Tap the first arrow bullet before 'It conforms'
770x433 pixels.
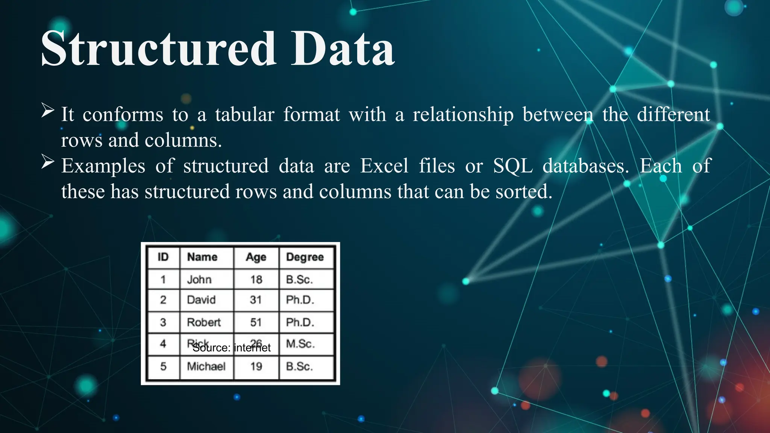(x=48, y=110)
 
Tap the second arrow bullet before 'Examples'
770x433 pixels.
(x=48, y=162)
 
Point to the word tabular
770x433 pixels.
(x=245, y=114)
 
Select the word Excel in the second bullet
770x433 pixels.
(x=384, y=166)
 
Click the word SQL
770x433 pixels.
(x=513, y=166)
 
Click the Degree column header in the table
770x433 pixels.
(x=305, y=257)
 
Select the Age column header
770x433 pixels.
(x=256, y=257)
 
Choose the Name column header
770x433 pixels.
(x=202, y=257)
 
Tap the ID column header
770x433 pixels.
(x=163, y=257)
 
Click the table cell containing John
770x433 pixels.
(x=199, y=280)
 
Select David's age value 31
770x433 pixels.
(x=256, y=300)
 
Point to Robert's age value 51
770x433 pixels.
(x=256, y=322)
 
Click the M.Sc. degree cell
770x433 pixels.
(x=300, y=344)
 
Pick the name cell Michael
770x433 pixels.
(x=206, y=366)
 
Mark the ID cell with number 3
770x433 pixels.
(x=163, y=322)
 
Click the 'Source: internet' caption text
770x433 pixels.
(x=232, y=348)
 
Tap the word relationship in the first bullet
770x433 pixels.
(x=463, y=114)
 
